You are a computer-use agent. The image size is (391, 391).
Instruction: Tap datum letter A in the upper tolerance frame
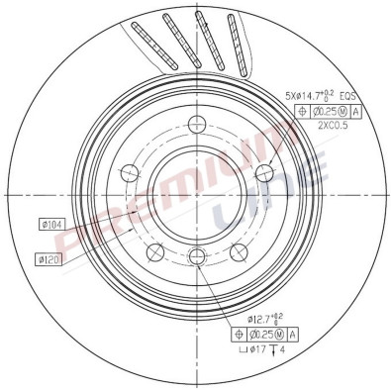click(355, 112)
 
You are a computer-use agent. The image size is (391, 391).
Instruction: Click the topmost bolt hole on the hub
click(196, 124)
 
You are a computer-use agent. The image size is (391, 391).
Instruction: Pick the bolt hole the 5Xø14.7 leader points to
click(263, 172)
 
